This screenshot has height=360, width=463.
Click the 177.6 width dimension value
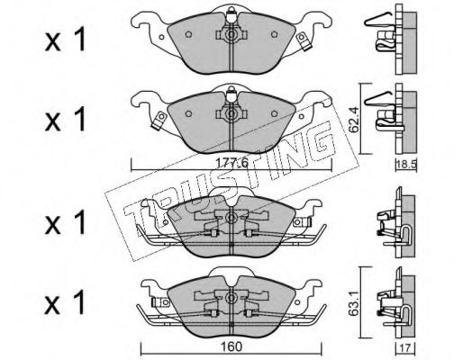[x=232, y=163]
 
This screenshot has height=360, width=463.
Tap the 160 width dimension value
[x=232, y=346]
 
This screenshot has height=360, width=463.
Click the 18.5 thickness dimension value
[x=406, y=165]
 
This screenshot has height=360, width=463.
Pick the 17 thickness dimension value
[x=405, y=348]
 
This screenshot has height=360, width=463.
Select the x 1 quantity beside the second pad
[x=66, y=120]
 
